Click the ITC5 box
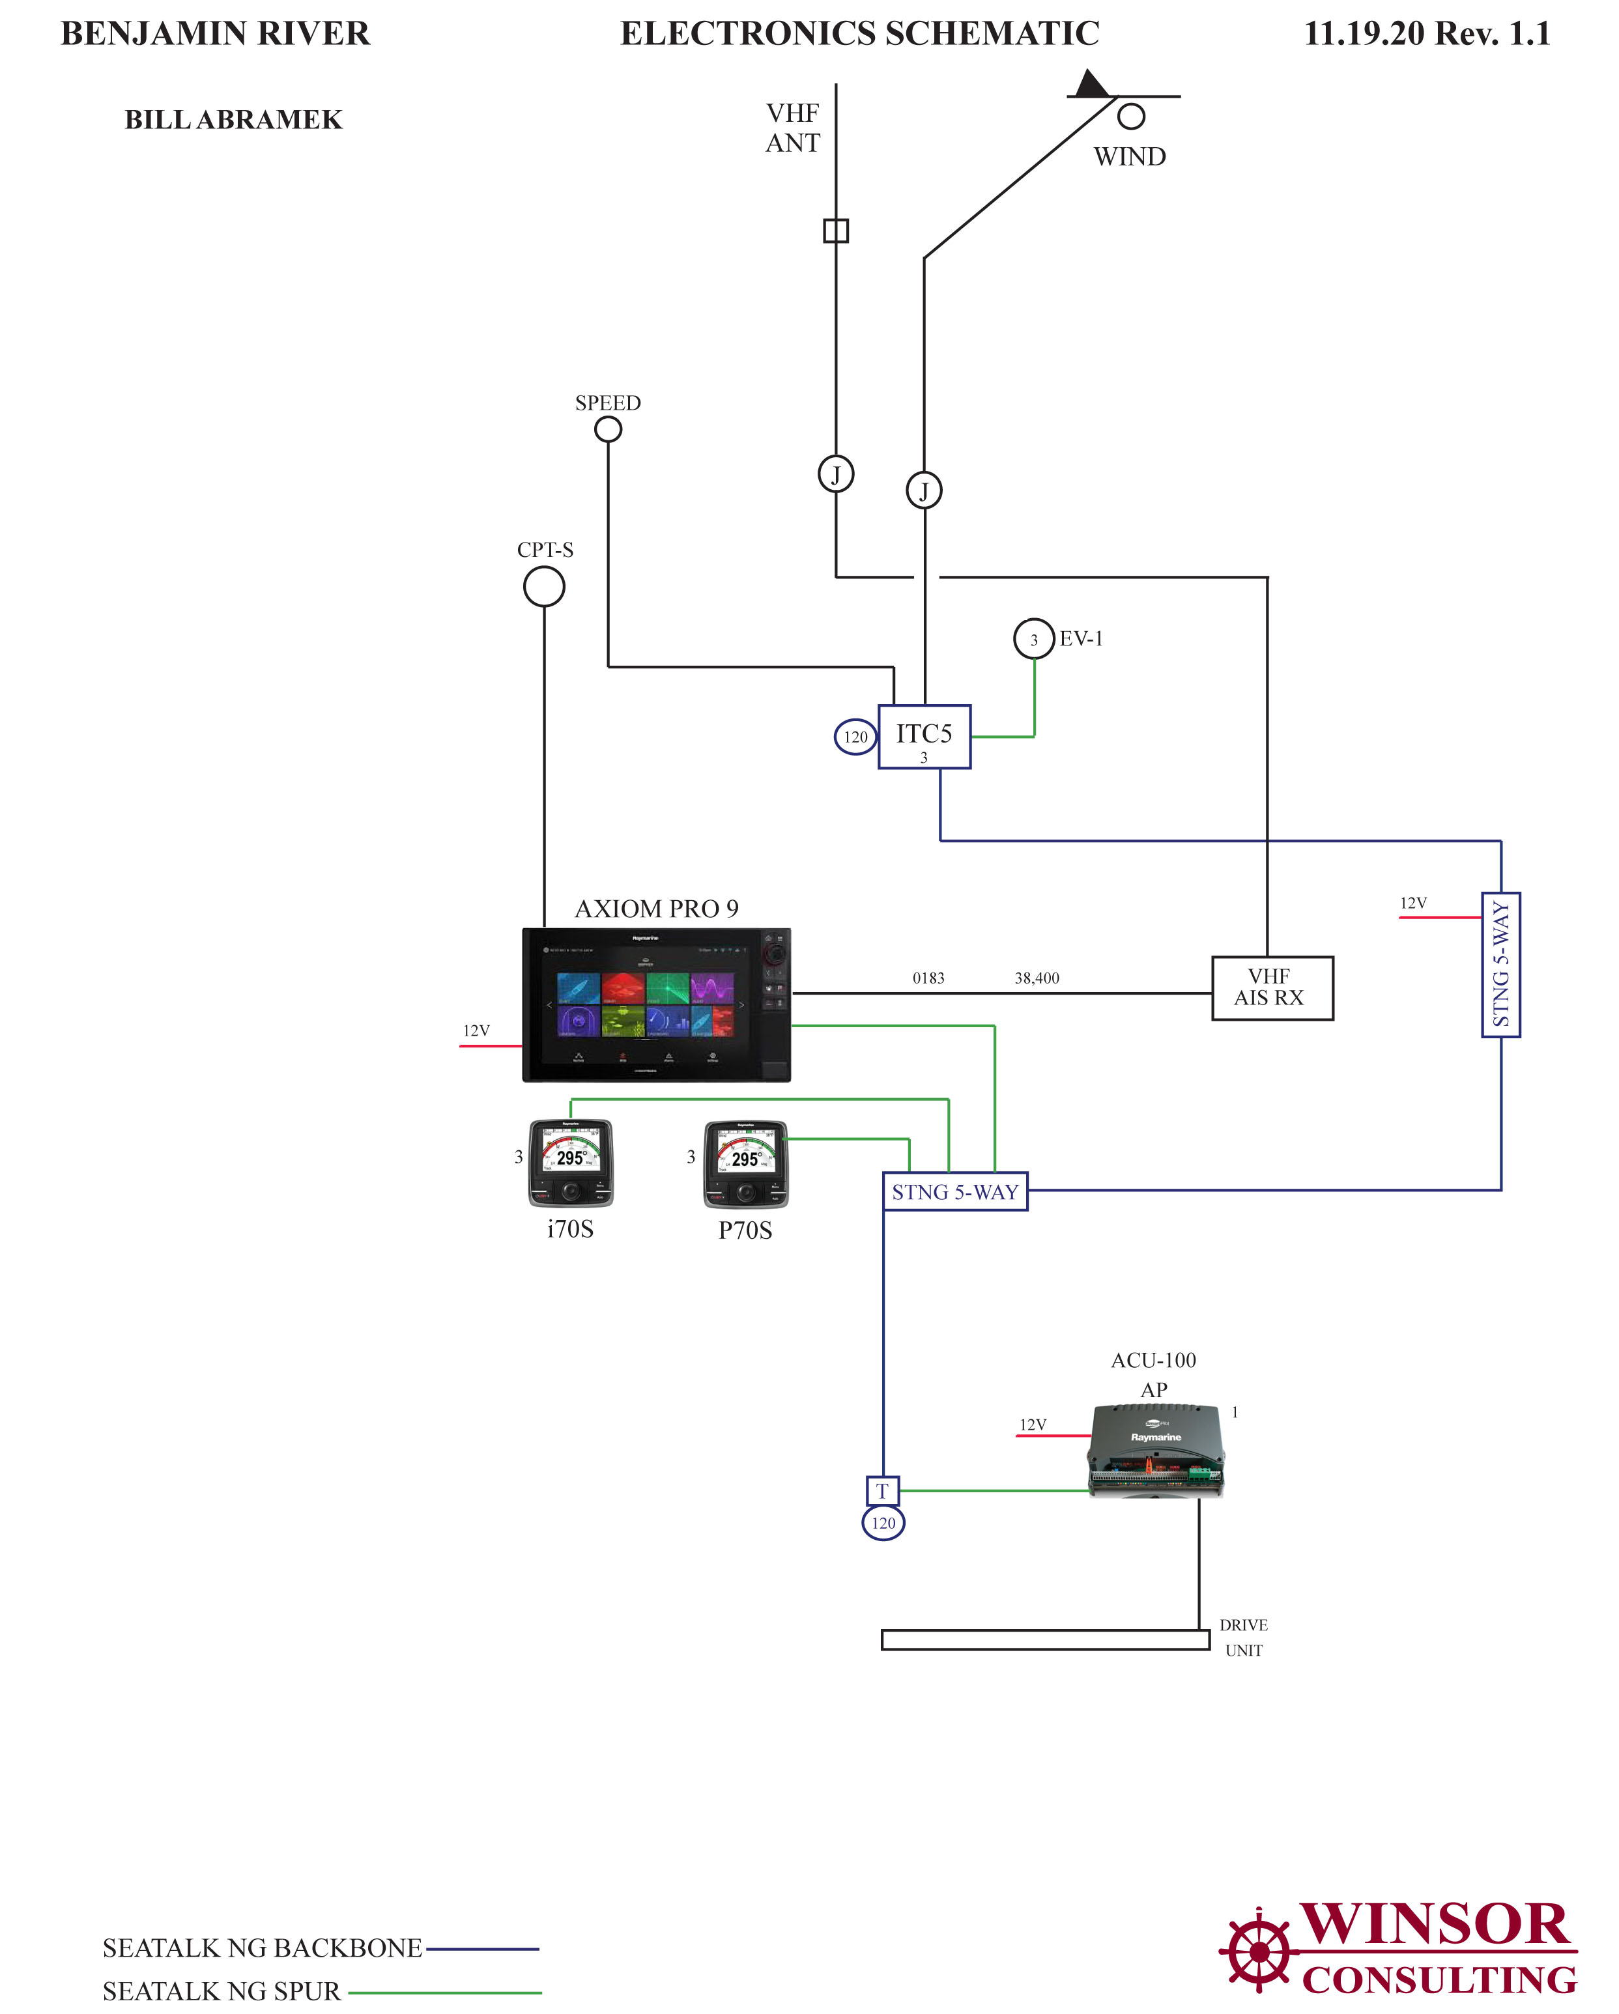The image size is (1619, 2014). pyautogui.click(x=924, y=737)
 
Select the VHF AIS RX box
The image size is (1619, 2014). pyautogui.click(x=1272, y=988)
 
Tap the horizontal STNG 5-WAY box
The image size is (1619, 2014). pyautogui.click(x=954, y=1192)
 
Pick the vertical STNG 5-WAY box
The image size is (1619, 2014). pyautogui.click(x=1500, y=965)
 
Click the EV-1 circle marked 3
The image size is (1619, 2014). pyautogui.click(x=1033, y=639)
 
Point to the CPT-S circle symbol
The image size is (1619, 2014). pyautogui.click(x=544, y=588)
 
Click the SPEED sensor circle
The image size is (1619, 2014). pyautogui.click(x=608, y=430)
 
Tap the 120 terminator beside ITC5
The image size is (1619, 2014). pyautogui.click(x=855, y=737)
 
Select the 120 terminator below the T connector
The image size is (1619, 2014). pyautogui.click(x=883, y=1524)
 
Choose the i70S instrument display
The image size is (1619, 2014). pyautogui.click(x=571, y=1163)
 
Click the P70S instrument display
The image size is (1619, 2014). pyautogui.click(x=745, y=1164)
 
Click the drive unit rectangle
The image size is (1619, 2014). pyautogui.click(x=1044, y=1640)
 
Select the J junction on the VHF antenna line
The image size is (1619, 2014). pyautogui.click(x=835, y=475)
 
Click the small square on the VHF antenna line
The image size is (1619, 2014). pyautogui.click(x=835, y=231)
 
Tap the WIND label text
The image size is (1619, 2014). pyautogui.click(x=1130, y=157)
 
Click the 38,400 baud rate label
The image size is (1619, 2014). pyautogui.click(x=1037, y=978)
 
